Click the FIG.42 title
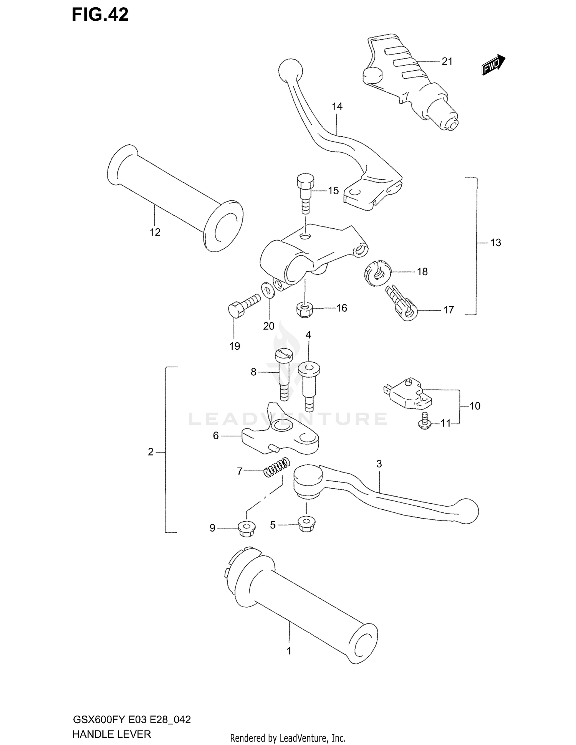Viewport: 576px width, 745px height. pos(100,15)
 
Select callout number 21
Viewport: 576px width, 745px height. pos(447,61)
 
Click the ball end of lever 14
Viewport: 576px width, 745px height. pos(290,70)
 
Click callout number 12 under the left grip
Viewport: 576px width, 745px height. pos(155,232)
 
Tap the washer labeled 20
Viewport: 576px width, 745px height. pos(267,290)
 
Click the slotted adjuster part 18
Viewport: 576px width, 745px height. pos(376,273)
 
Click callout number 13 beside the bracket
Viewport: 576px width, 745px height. pos(496,243)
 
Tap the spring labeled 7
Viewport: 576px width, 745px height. pos(276,469)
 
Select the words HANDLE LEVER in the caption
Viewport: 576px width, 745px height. pos(111,734)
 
